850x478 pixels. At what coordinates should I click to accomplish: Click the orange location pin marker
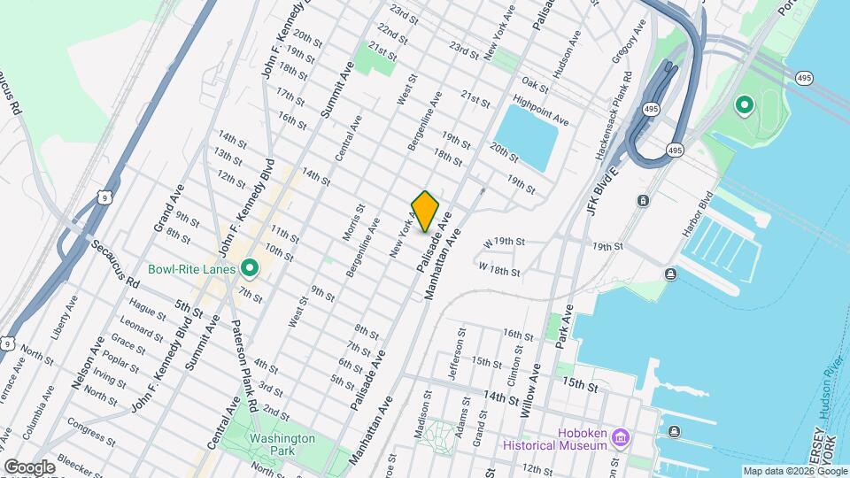coord(426,211)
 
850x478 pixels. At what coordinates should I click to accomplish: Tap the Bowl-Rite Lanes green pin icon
coord(250,267)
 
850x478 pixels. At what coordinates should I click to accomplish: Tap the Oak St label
coord(534,84)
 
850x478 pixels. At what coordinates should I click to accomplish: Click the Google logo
coord(29,466)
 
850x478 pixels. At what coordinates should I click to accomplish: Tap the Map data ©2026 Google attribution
coord(794,471)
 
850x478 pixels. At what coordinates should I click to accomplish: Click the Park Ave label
coord(566,325)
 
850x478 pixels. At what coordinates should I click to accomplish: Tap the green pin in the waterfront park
coord(745,107)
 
